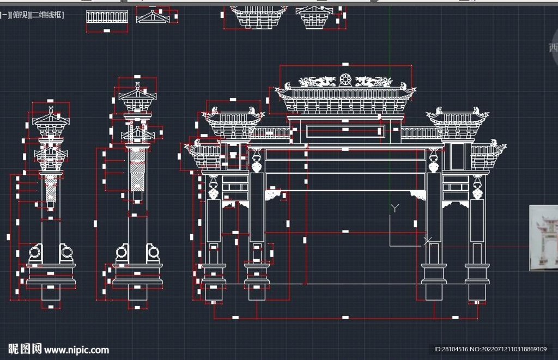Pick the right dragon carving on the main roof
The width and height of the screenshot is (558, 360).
coord(373,82)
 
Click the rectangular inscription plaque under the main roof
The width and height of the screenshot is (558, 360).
coord(345,131)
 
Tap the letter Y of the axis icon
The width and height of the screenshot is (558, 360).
coord(396,208)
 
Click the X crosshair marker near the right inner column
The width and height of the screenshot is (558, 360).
coord(428,240)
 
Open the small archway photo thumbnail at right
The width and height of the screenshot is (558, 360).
coord(544,238)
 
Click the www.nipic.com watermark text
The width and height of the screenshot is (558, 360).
coord(76,350)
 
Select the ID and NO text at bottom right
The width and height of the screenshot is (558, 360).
coord(490,349)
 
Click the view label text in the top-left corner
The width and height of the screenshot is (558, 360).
coord(32,16)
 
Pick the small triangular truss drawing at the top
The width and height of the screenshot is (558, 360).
coord(153,17)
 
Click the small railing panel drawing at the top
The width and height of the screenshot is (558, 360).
coord(106,17)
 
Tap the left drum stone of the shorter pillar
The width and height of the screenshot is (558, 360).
coord(35,252)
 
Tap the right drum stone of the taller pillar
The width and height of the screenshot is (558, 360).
coord(154,252)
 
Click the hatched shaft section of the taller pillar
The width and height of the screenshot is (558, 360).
coord(137,168)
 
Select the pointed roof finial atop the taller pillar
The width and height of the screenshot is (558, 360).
coord(137,87)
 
